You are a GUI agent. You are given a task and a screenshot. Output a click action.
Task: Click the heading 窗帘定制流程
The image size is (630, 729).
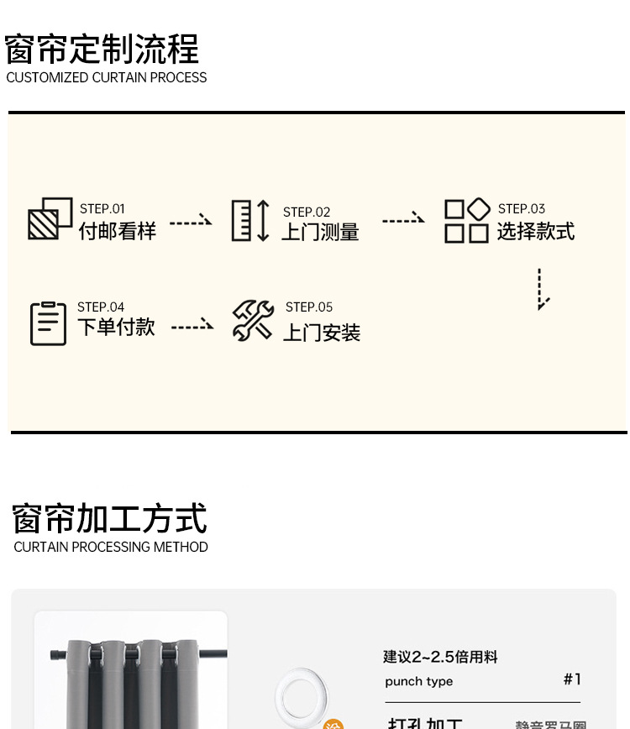[x=102, y=50]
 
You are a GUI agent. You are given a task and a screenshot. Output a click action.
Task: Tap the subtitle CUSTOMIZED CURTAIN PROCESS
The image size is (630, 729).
[x=107, y=77]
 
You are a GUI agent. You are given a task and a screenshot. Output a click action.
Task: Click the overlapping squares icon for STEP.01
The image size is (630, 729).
[x=50, y=218]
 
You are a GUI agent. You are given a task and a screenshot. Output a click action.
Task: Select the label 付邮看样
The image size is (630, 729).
[x=118, y=231]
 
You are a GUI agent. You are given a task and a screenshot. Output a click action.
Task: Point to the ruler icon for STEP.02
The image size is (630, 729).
[x=249, y=221]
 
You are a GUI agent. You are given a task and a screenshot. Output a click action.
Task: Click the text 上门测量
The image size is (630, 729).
[x=320, y=232]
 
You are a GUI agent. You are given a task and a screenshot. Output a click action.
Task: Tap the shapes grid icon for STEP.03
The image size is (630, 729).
[x=466, y=221]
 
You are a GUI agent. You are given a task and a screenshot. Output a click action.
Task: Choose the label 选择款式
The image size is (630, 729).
[x=536, y=231]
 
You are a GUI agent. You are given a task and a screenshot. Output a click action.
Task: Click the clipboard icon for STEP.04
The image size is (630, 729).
[x=48, y=323]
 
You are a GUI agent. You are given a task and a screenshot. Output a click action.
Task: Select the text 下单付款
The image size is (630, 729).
[x=116, y=327]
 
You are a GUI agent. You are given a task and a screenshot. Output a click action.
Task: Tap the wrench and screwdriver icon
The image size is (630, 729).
[x=253, y=321]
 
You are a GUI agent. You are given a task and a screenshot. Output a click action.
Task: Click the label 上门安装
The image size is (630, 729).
[x=321, y=333]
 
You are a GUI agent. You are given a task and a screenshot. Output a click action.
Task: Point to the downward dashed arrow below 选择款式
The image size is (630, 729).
[x=543, y=290]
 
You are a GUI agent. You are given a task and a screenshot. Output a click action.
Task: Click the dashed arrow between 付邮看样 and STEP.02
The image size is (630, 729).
[x=191, y=222]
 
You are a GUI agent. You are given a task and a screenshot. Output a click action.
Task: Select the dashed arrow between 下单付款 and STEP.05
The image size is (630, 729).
[x=192, y=326]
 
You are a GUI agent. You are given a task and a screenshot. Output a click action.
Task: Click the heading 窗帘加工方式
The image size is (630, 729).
[x=109, y=519]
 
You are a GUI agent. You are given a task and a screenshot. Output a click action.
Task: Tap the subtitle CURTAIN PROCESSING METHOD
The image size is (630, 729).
[x=111, y=547]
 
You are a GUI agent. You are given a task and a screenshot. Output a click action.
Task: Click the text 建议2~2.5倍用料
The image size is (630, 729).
[x=441, y=657]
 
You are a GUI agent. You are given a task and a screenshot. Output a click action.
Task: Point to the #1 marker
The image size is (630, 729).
[x=572, y=679]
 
